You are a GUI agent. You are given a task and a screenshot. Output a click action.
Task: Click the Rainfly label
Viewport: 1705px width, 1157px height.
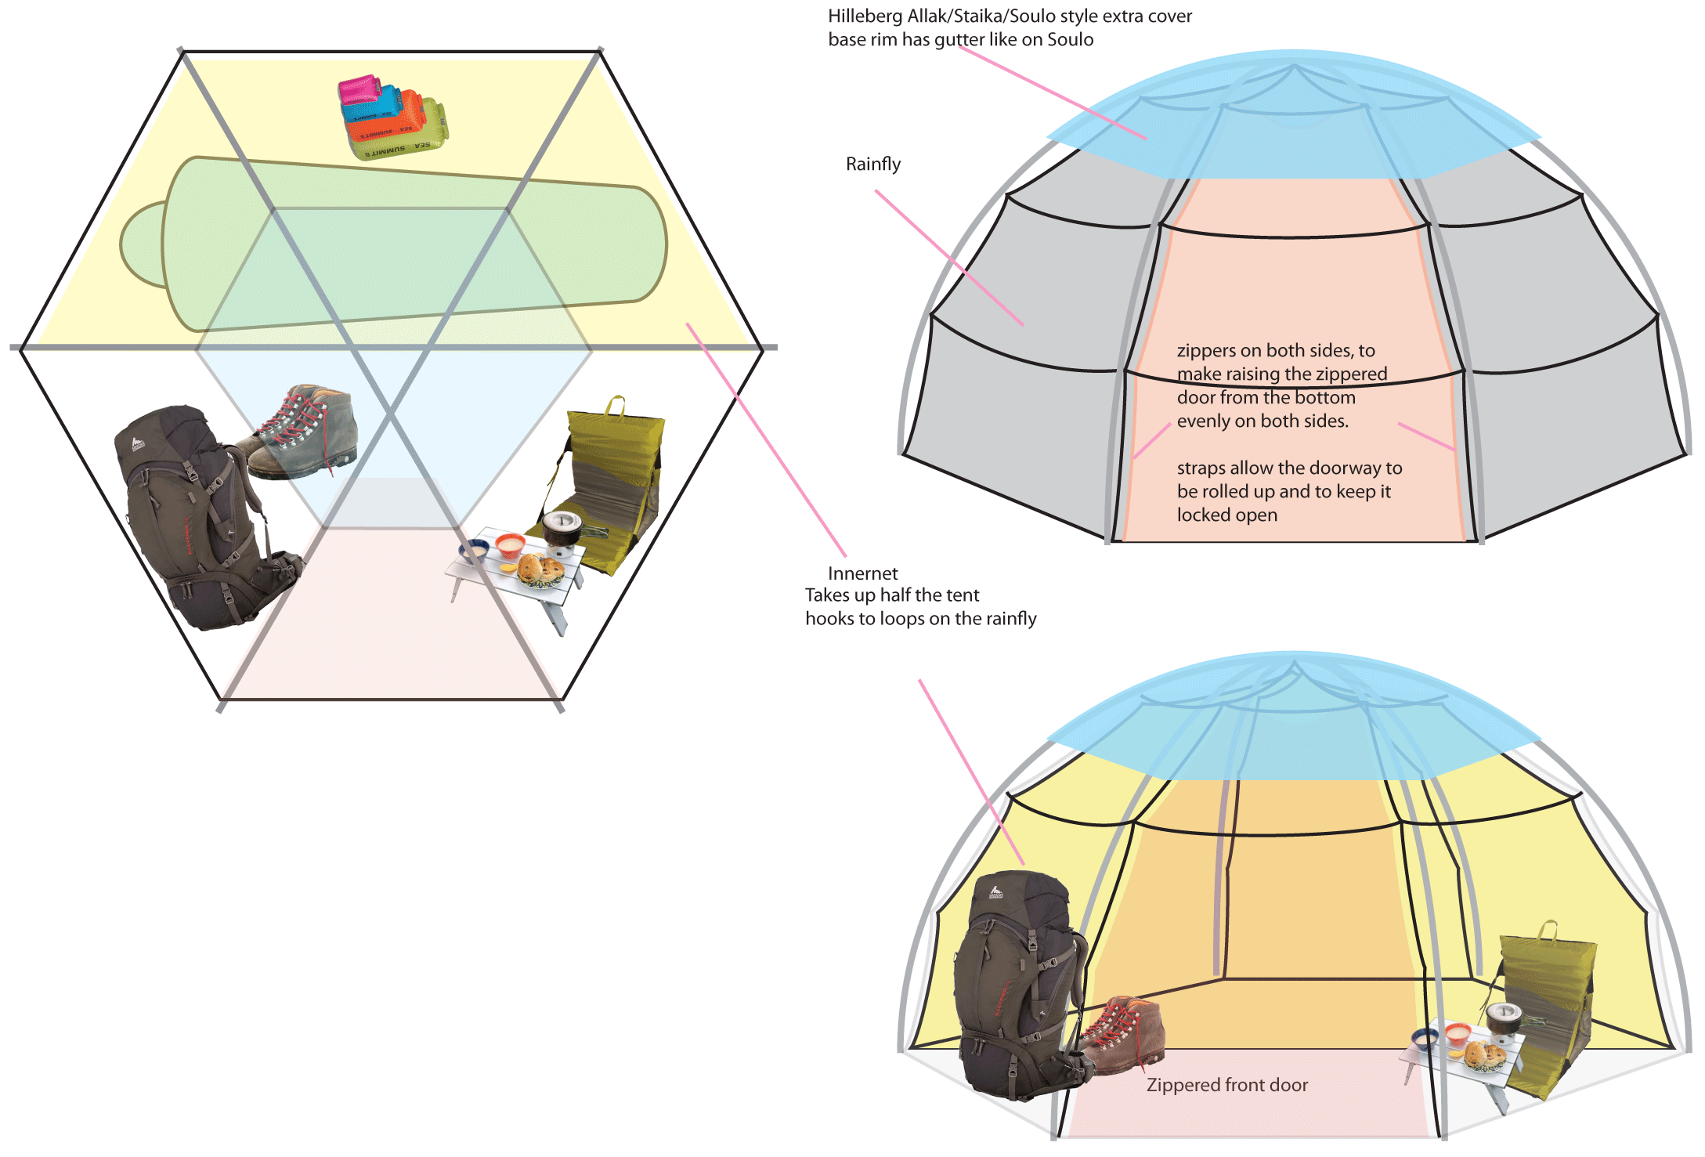tap(872, 165)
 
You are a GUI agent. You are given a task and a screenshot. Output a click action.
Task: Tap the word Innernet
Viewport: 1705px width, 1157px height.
tap(862, 573)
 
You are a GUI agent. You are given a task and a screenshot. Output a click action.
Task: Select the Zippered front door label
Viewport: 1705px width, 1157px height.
tap(1226, 1085)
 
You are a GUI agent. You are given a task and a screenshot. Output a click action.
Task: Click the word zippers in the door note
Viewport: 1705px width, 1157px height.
tap(1206, 351)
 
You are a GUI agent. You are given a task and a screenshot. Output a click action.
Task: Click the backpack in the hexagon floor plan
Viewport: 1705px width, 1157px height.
tap(200, 517)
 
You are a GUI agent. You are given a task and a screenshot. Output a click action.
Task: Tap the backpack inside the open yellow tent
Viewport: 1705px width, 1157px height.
tap(1014, 987)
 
